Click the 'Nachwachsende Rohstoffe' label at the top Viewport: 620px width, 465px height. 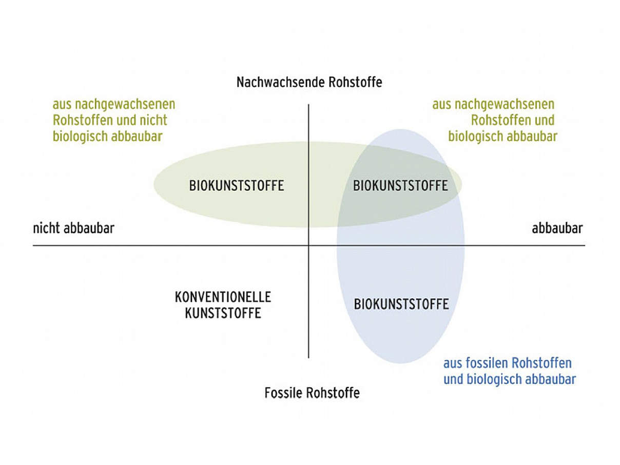(309, 82)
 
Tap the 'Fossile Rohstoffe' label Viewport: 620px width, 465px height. (312, 393)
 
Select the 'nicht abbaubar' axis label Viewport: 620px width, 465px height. (74, 228)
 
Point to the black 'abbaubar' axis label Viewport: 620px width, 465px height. (557, 228)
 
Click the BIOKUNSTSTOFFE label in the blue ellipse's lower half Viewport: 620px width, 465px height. (401, 304)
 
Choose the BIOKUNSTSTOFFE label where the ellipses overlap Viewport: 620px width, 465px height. (400, 186)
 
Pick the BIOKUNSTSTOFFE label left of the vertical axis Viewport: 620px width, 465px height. (237, 186)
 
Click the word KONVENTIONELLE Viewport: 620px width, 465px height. (223, 297)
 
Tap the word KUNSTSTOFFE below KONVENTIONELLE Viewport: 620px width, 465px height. (223, 313)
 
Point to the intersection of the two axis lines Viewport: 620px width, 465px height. (308, 246)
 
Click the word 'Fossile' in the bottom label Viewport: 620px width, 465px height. (283, 393)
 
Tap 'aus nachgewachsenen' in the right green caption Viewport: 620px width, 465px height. (493, 104)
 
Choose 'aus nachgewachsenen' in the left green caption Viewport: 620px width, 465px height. (114, 104)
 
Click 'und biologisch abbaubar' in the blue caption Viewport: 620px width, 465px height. (510, 379)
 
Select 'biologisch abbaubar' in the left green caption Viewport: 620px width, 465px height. (108, 137)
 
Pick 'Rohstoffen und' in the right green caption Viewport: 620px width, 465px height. (513, 120)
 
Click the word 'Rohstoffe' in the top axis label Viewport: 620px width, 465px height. (355, 82)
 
